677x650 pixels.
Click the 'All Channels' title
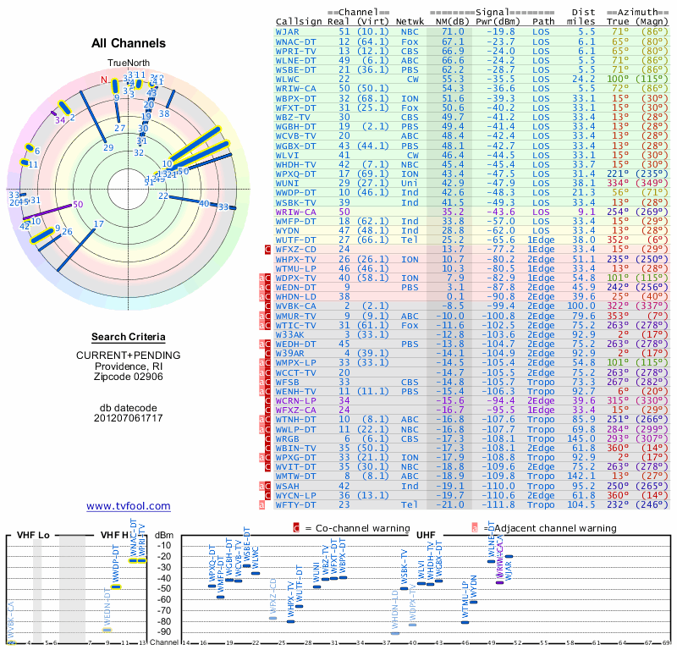coord(129,43)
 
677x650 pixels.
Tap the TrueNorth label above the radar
coord(128,63)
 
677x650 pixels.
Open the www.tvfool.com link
coord(129,506)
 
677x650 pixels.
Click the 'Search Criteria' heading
coord(129,337)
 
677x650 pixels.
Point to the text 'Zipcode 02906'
coord(129,377)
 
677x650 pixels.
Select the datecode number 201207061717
coord(129,417)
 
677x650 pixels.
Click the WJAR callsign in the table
coord(287,31)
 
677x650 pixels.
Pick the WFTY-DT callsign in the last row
coord(296,504)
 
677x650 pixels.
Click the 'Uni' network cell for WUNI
coord(410,182)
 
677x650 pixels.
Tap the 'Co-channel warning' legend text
coord(347,528)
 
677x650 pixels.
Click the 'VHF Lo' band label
coord(35,536)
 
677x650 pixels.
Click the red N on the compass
coord(104,80)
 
